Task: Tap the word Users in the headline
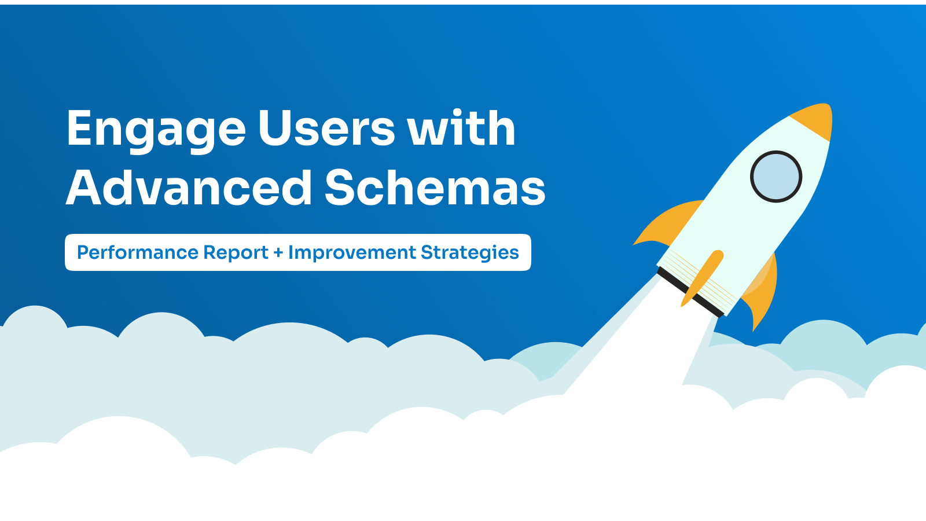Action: pos(326,128)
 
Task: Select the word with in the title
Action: pos(461,127)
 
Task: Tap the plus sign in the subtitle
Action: pos(278,252)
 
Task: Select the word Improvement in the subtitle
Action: pos(352,252)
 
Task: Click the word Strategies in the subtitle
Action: pos(469,253)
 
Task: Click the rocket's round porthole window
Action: pos(776,177)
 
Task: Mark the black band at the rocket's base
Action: pos(690,292)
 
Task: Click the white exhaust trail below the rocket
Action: pos(645,351)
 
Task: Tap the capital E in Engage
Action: pos(81,128)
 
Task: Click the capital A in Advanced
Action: pos(83,188)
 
